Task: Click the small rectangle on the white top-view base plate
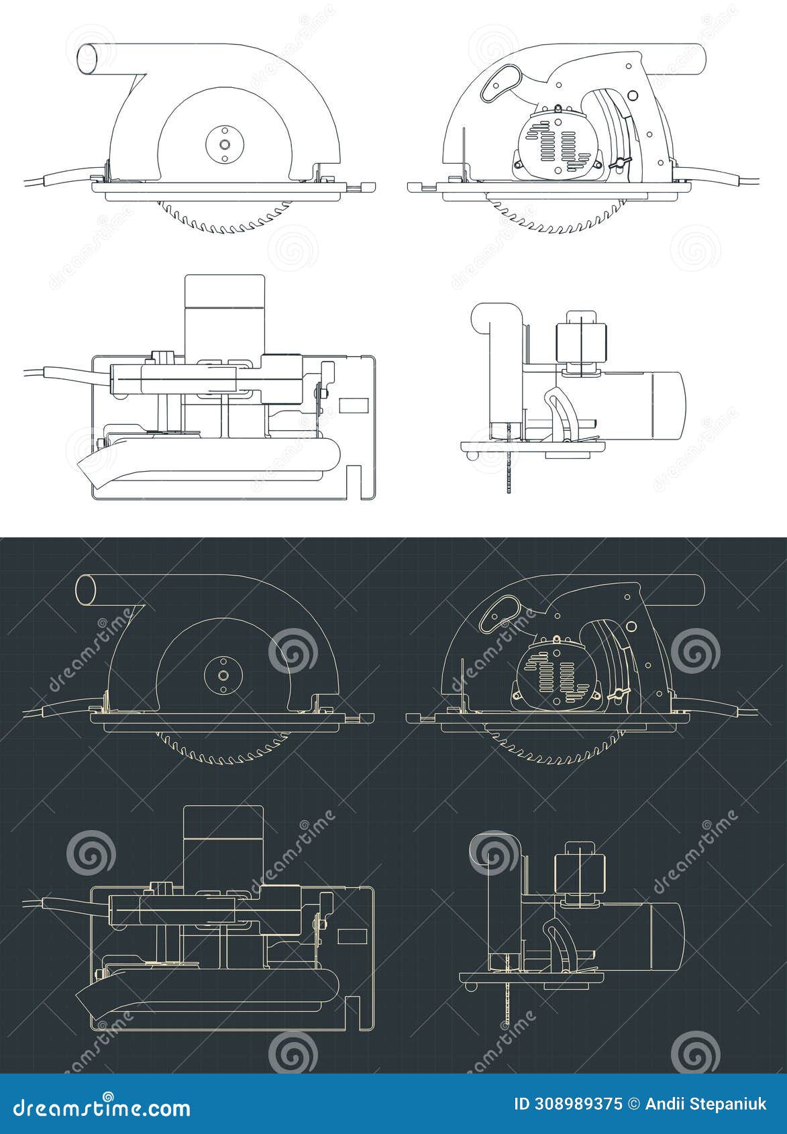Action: tap(354, 405)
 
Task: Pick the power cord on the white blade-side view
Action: tap(54, 179)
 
